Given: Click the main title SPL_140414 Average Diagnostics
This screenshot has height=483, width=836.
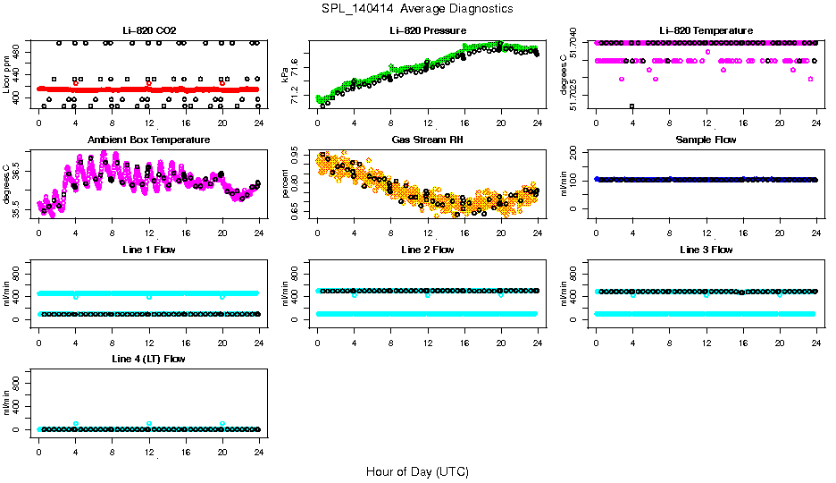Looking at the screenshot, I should point(418,8).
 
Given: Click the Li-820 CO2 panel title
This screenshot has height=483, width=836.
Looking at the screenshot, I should point(148,30).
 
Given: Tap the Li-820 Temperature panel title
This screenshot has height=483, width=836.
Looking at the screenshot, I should point(705,30).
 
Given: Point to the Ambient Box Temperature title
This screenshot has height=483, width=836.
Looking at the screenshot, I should point(148,140).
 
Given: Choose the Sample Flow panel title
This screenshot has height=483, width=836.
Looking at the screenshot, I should point(705,140).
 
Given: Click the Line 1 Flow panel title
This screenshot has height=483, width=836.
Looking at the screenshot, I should point(148,250).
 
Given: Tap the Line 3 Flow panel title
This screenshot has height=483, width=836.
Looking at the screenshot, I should point(705,250).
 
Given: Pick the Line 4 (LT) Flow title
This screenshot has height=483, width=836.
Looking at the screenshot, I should point(148,359).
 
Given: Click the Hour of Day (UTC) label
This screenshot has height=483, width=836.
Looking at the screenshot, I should point(417,471).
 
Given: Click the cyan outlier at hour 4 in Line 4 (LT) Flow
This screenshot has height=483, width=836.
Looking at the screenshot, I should point(76,424).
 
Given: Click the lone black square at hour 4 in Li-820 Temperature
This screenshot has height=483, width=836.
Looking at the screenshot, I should point(632,106).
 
